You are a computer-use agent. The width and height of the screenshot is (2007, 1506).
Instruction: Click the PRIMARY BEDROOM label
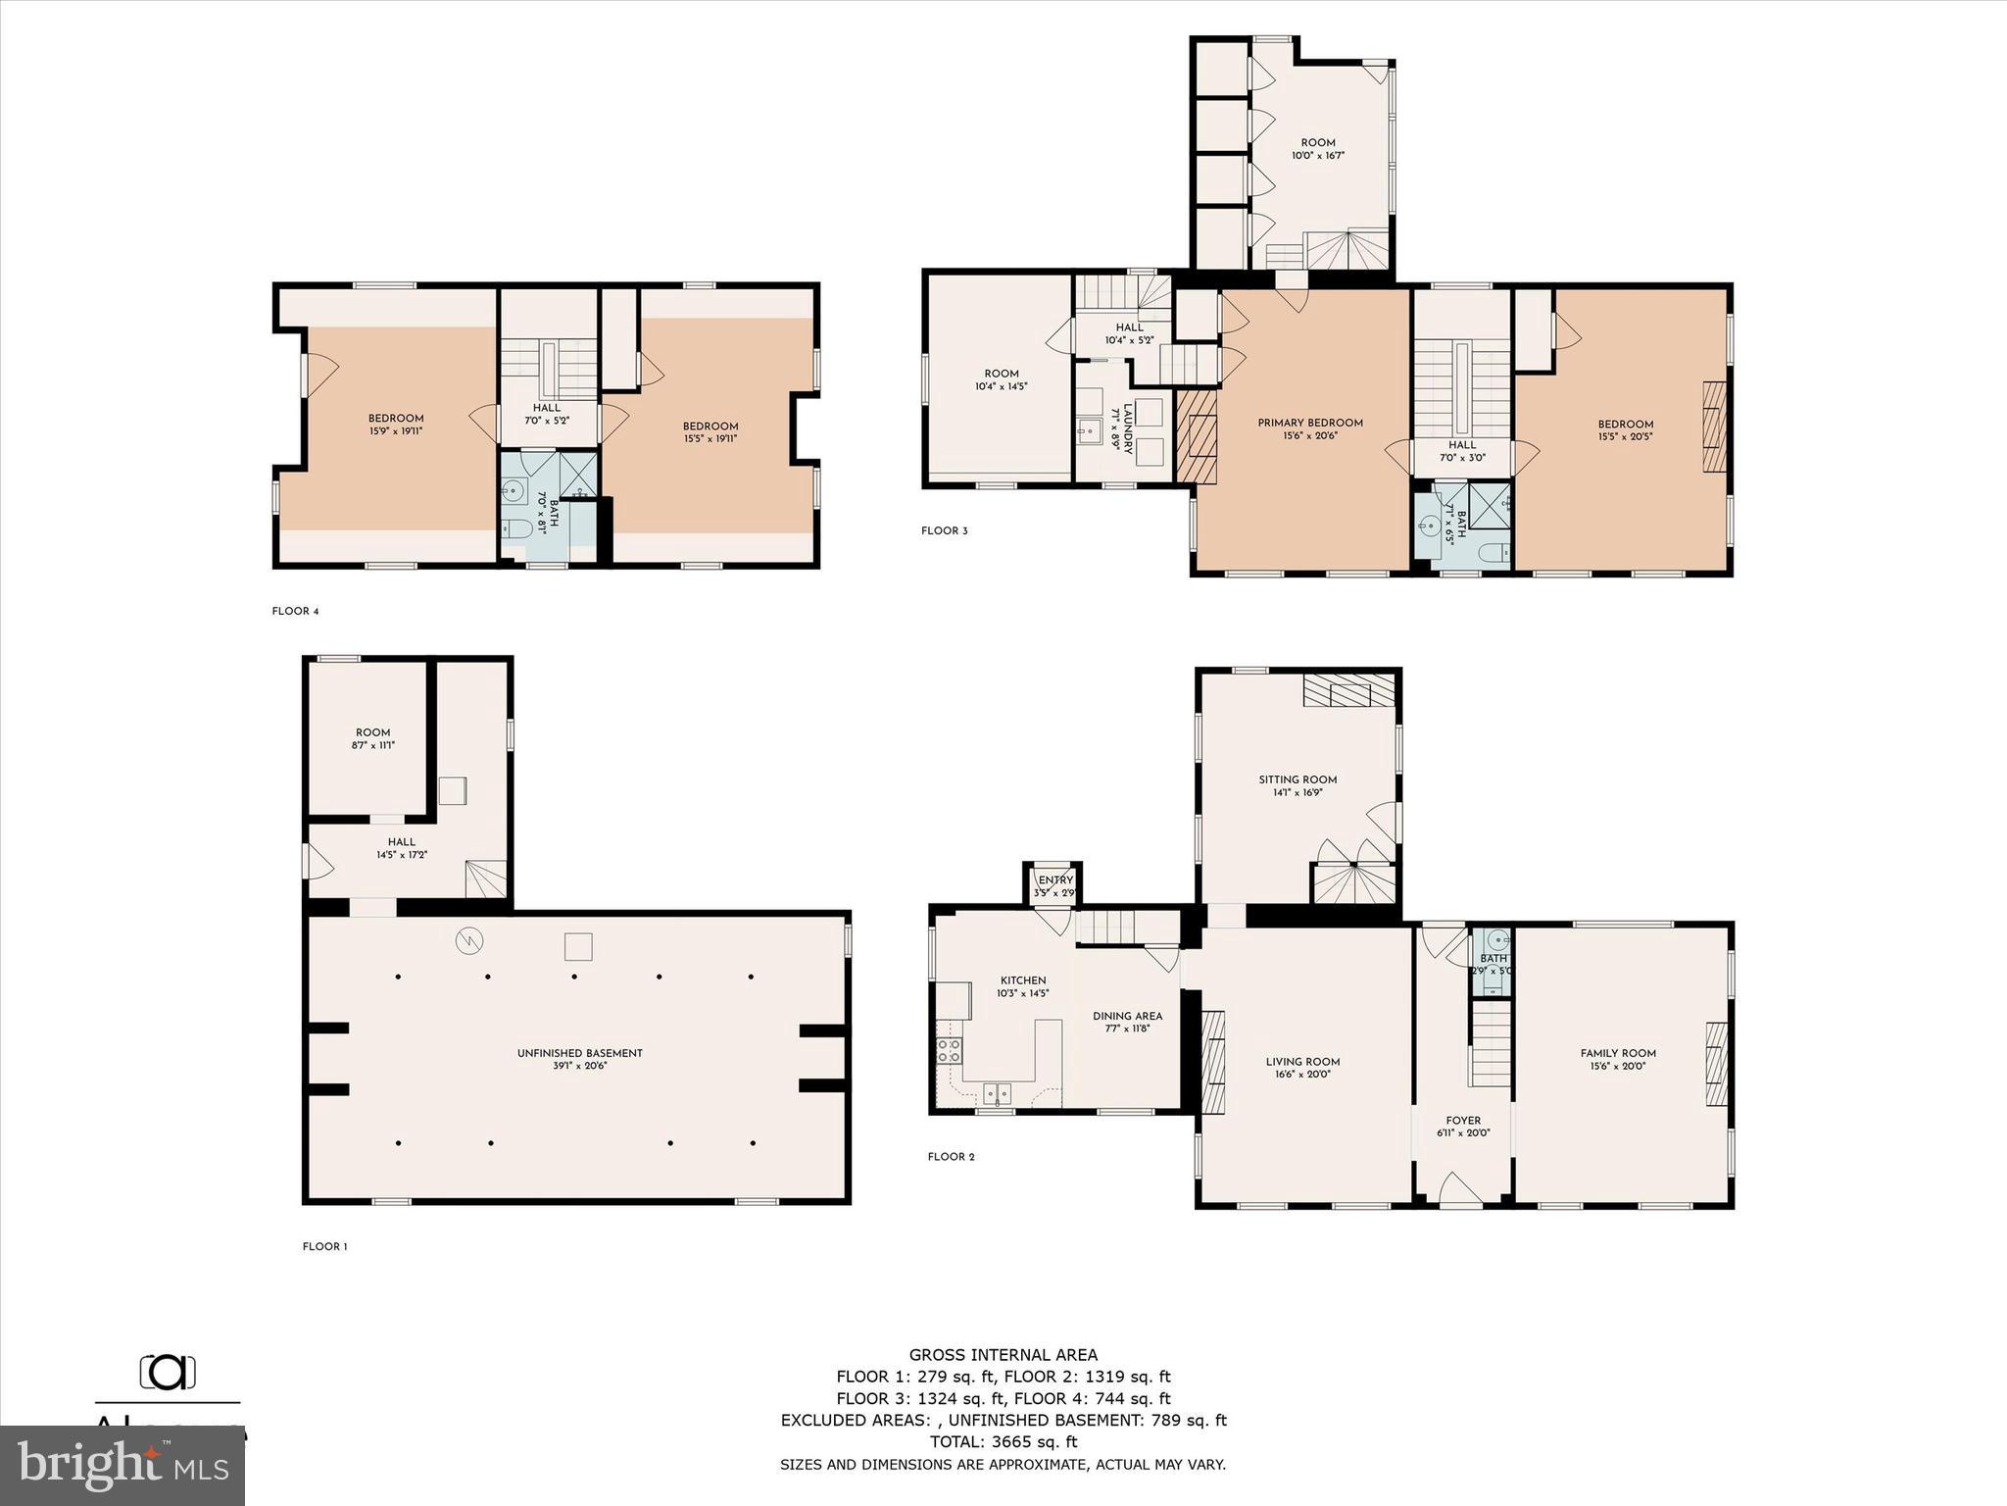click(x=1310, y=423)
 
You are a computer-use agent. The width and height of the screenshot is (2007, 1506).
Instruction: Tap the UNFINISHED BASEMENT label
click(x=579, y=1053)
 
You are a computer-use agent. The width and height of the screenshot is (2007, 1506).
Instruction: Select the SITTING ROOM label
click(x=1297, y=779)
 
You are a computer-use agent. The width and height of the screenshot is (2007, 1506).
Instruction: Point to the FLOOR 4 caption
click(x=295, y=611)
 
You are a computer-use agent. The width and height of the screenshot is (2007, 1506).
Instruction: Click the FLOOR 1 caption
click(x=324, y=1246)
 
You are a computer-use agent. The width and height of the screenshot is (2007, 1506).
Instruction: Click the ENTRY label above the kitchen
click(x=1055, y=879)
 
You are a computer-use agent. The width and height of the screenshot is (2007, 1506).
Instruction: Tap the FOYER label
click(x=1463, y=1120)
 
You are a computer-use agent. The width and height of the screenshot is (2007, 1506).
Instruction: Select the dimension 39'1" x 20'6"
click(x=579, y=1066)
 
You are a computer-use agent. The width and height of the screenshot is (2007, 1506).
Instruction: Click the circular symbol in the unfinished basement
click(x=469, y=941)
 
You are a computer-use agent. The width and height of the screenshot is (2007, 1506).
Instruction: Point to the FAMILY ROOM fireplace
click(x=1716, y=1064)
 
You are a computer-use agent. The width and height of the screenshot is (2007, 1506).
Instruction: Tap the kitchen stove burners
click(x=949, y=1051)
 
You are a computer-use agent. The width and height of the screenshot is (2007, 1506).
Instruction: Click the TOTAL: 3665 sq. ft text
click(x=1003, y=1441)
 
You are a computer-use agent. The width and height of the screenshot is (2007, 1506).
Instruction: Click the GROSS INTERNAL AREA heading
click(x=1003, y=1355)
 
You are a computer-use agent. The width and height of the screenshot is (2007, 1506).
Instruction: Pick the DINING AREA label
click(x=1127, y=1016)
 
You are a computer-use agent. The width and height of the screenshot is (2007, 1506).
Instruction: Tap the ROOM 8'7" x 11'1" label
click(x=372, y=738)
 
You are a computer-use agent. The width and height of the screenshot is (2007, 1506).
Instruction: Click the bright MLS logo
click(x=122, y=1466)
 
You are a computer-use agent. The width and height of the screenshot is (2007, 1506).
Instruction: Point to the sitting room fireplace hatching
click(x=1347, y=690)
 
